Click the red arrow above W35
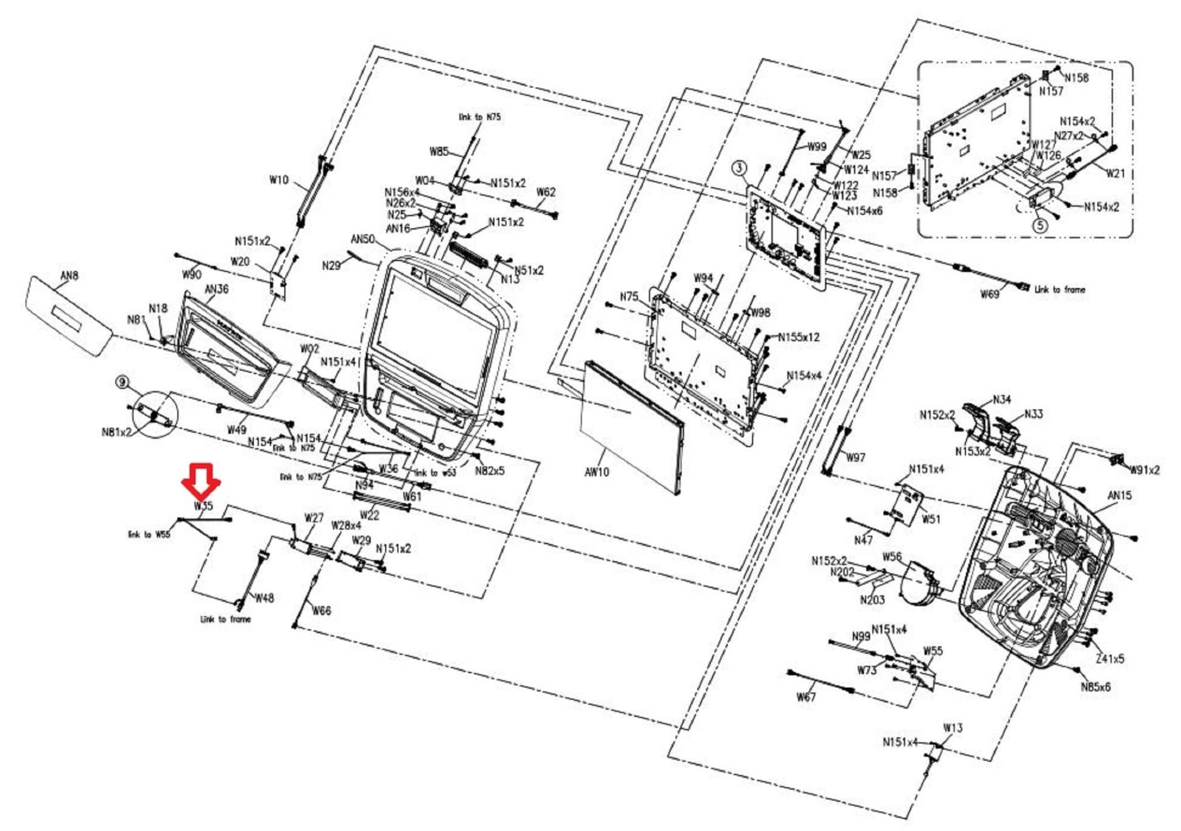(x=200, y=481)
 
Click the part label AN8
(x=69, y=275)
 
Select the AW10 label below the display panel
(x=597, y=472)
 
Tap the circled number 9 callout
(x=122, y=381)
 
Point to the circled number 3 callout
(x=739, y=168)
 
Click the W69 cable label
(x=990, y=294)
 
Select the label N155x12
(x=799, y=337)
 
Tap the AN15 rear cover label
(x=1119, y=495)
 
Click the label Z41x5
(x=1109, y=659)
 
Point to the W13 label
(x=953, y=728)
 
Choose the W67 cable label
(x=806, y=697)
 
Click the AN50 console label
(x=363, y=239)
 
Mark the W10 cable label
(x=279, y=180)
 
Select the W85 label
(x=439, y=152)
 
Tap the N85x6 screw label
(x=1095, y=687)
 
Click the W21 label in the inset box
(x=1115, y=173)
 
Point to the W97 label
(x=856, y=457)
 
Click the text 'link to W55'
(x=149, y=534)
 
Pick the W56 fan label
(x=892, y=557)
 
